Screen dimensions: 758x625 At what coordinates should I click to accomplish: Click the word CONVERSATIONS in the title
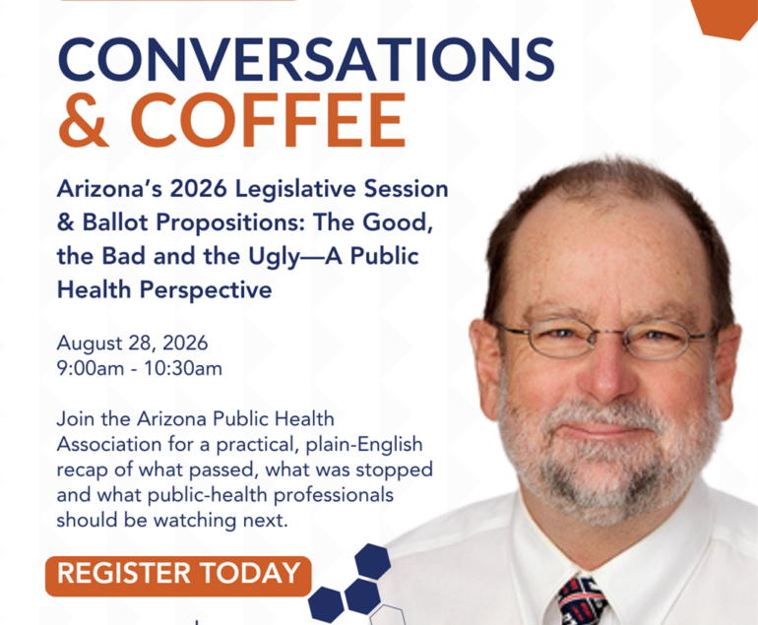(306, 59)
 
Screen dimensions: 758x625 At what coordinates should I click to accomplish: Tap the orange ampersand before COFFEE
(83, 120)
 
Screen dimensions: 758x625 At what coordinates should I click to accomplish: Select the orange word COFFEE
(269, 120)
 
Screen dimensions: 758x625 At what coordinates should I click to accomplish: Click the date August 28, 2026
(132, 344)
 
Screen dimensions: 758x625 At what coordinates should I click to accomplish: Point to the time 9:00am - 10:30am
(139, 368)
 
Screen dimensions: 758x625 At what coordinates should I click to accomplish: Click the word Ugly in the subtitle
(274, 257)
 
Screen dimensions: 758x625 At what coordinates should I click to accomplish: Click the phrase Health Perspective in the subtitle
(164, 290)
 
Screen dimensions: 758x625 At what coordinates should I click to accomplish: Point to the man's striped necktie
(582, 600)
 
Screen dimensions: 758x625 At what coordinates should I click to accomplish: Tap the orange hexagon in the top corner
(726, 17)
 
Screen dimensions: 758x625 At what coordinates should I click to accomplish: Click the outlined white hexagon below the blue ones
(387, 615)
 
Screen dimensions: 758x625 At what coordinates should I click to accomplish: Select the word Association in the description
(108, 444)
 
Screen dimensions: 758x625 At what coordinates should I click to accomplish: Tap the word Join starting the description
(76, 419)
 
